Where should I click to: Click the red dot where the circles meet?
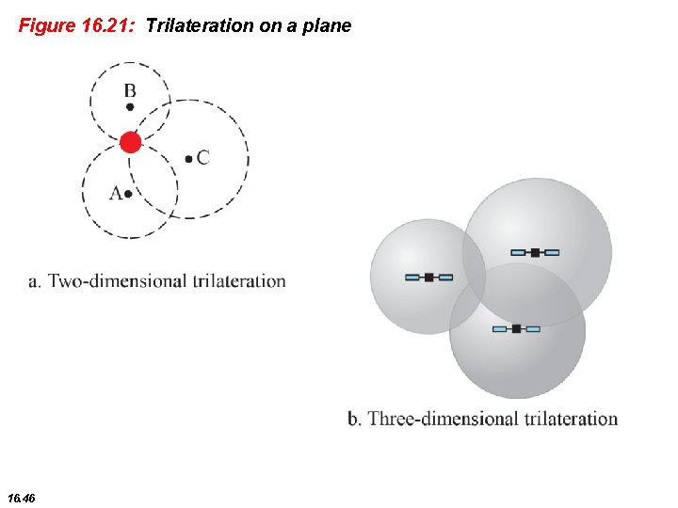click(x=131, y=142)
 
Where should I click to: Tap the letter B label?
click(x=130, y=91)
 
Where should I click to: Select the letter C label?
click(x=203, y=157)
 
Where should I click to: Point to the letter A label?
click(x=117, y=193)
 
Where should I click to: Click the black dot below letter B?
click(x=130, y=107)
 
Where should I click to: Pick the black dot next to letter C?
click(x=189, y=159)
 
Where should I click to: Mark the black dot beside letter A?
click(x=129, y=194)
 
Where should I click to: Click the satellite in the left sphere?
click(x=428, y=278)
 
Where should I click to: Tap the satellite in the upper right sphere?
click(x=535, y=252)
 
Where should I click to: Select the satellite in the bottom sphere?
click(x=516, y=328)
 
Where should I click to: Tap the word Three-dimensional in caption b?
click(x=439, y=419)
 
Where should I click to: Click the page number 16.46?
click(x=20, y=497)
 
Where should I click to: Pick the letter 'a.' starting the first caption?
click(x=36, y=280)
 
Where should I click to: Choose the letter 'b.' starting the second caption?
click(x=355, y=419)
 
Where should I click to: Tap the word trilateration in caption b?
click(x=565, y=419)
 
